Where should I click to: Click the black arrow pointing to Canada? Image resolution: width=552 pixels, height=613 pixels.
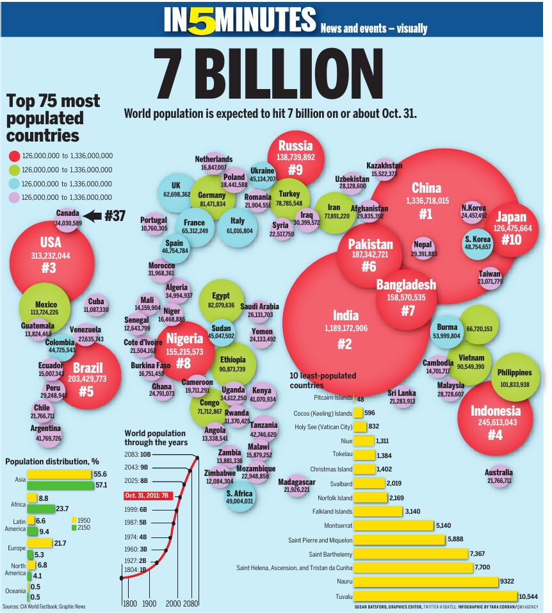[x=92, y=217]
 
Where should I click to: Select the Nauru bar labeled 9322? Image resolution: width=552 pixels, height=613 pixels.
[x=425, y=582]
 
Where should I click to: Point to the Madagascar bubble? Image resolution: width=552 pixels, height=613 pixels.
[x=296, y=486]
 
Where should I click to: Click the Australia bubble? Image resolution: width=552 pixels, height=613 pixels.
[x=498, y=476]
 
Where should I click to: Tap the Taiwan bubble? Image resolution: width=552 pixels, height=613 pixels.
[x=490, y=277]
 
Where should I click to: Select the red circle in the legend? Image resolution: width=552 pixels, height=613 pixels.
[x=13, y=156]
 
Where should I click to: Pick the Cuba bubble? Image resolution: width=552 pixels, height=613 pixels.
[x=96, y=305]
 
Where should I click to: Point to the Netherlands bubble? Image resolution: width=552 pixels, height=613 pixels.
[x=214, y=163]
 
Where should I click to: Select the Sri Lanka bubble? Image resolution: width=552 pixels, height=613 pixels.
[x=402, y=397]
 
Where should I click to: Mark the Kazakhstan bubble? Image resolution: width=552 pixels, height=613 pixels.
[x=384, y=170]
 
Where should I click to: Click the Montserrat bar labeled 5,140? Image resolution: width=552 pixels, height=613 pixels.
[x=393, y=526]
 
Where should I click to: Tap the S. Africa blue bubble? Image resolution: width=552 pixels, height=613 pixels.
[x=239, y=497]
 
